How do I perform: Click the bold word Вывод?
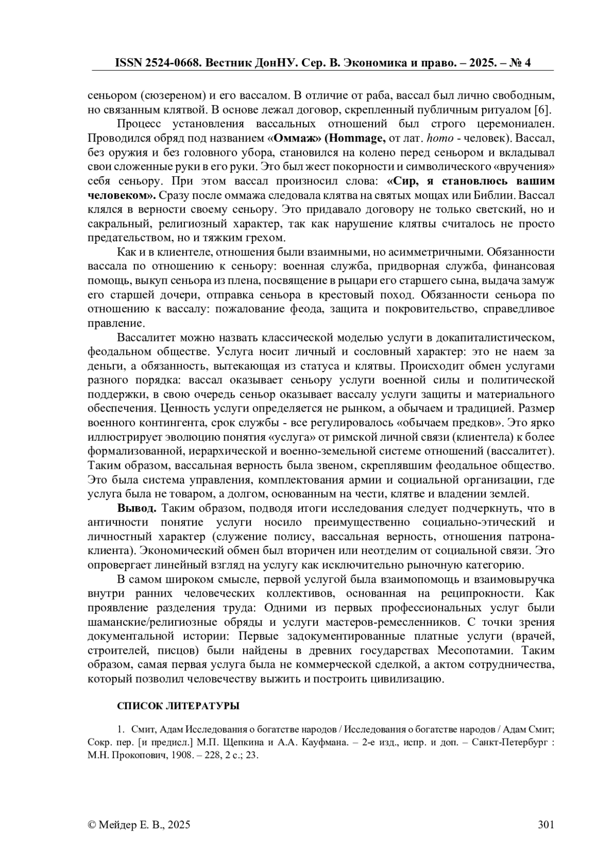(136, 508)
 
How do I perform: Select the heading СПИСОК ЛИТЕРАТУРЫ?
(178, 706)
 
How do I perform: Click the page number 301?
(546, 825)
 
